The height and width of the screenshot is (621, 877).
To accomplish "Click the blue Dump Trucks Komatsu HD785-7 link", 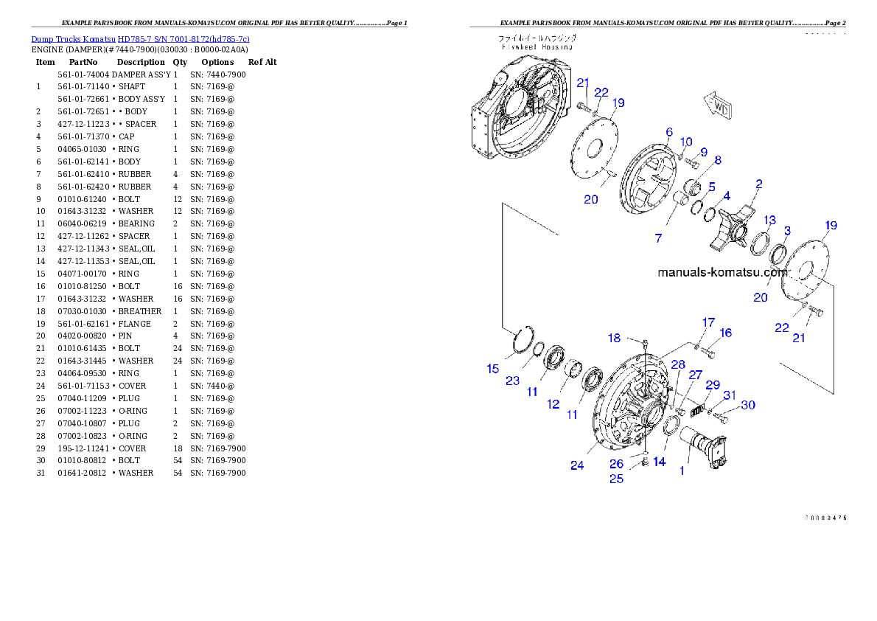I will click(x=140, y=39).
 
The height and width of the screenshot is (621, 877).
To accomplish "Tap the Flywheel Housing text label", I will click(x=537, y=46).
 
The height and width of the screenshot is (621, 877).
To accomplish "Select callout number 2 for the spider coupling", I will click(x=759, y=184).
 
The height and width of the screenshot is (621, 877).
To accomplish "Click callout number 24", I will click(x=577, y=465).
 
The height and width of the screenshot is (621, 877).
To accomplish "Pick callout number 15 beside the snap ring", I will click(x=493, y=369).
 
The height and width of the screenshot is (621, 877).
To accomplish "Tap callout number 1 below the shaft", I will click(x=682, y=470).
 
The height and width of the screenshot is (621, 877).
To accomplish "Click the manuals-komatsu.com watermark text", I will click(x=723, y=272).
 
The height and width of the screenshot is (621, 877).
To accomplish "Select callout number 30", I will click(x=748, y=405).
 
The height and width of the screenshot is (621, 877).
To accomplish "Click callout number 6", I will click(x=669, y=132).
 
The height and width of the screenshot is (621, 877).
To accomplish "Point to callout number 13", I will click(x=769, y=220).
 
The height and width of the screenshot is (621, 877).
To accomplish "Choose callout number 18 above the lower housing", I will click(x=614, y=338).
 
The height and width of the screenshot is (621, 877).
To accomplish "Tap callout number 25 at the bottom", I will click(x=616, y=479).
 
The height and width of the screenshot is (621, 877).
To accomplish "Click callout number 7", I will click(x=658, y=238).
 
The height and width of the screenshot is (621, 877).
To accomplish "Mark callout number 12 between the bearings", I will click(x=553, y=404).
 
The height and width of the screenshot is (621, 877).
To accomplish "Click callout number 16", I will click(x=725, y=333).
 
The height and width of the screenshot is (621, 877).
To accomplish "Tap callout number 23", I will click(x=512, y=381).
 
